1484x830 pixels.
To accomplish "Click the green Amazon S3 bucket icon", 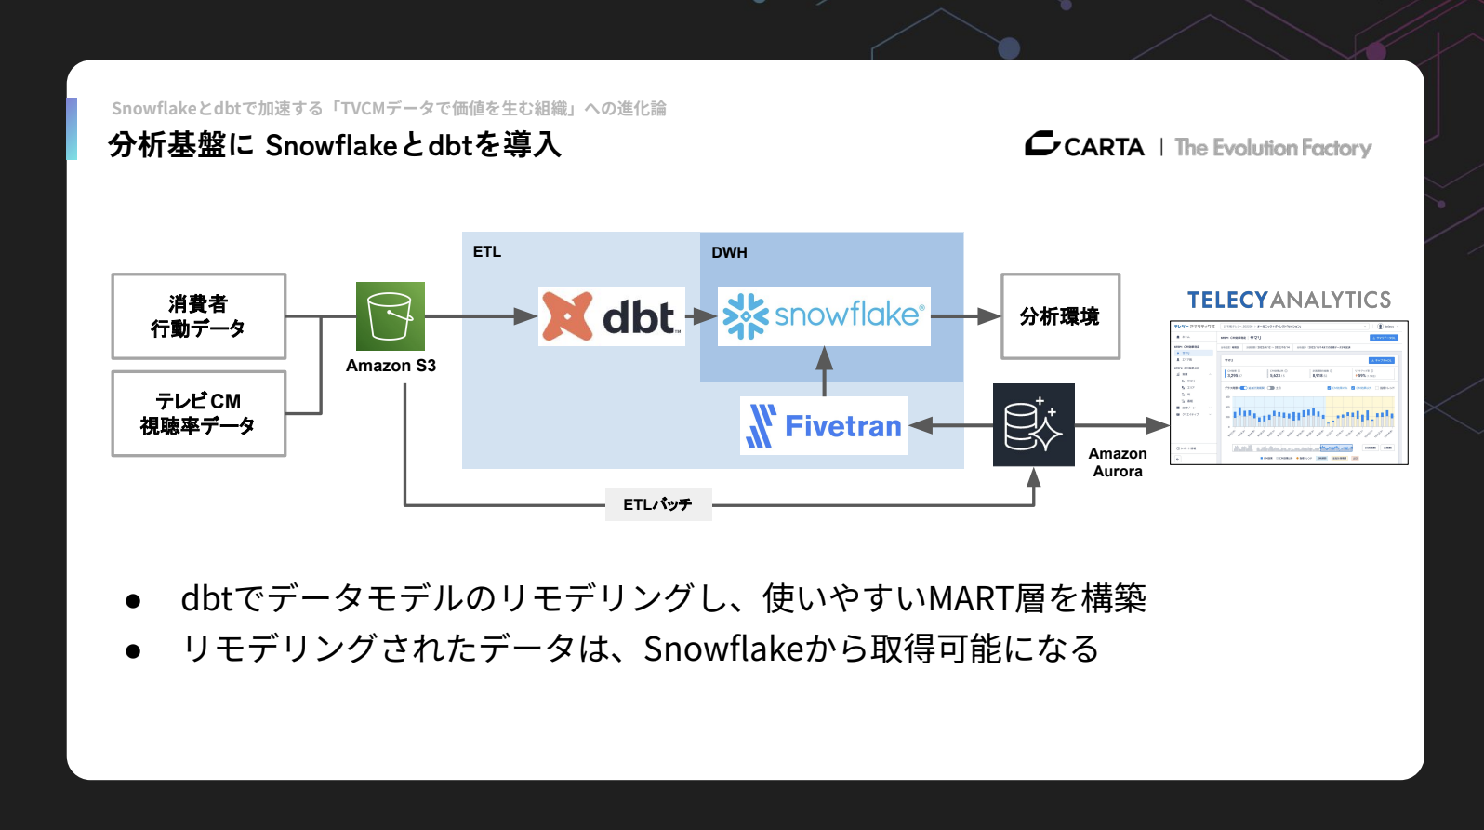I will [x=391, y=316].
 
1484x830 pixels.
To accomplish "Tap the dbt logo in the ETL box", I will [x=611, y=316].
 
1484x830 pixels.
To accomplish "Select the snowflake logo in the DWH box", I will [x=824, y=316].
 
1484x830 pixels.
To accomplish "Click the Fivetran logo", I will [x=824, y=426].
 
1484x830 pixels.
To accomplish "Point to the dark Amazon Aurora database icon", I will [x=1033, y=425].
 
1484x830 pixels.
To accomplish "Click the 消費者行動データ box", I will [x=198, y=316].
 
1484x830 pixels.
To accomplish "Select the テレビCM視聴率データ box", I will [x=198, y=414].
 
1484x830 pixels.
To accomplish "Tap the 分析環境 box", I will [x=1060, y=316].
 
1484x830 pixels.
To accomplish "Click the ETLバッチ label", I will [x=658, y=504].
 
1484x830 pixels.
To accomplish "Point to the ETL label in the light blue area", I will [x=486, y=252].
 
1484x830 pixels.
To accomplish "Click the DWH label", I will [x=729, y=253].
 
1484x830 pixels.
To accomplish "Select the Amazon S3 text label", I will [x=391, y=366].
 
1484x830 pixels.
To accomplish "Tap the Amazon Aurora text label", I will [x=1118, y=462].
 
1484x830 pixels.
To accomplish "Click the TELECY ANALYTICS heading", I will [x=1289, y=301].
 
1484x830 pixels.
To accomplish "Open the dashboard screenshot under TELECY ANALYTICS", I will [x=1289, y=393].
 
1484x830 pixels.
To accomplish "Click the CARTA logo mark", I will [x=1042, y=144].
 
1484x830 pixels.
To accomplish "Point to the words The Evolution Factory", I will [x=1273, y=148].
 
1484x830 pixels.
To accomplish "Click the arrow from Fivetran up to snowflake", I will [x=824, y=371].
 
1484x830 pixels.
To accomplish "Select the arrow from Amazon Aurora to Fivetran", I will [x=950, y=426].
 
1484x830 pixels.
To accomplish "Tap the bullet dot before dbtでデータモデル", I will [x=133, y=601].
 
